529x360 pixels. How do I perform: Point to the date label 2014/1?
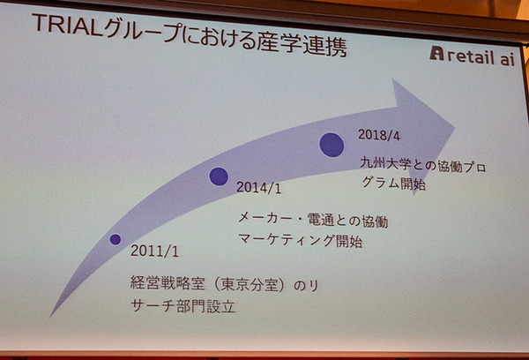click(260, 188)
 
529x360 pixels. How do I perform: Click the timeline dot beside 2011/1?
click(115, 239)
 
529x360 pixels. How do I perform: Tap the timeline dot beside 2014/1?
click(219, 176)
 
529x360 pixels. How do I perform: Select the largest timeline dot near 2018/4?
click(331, 144)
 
